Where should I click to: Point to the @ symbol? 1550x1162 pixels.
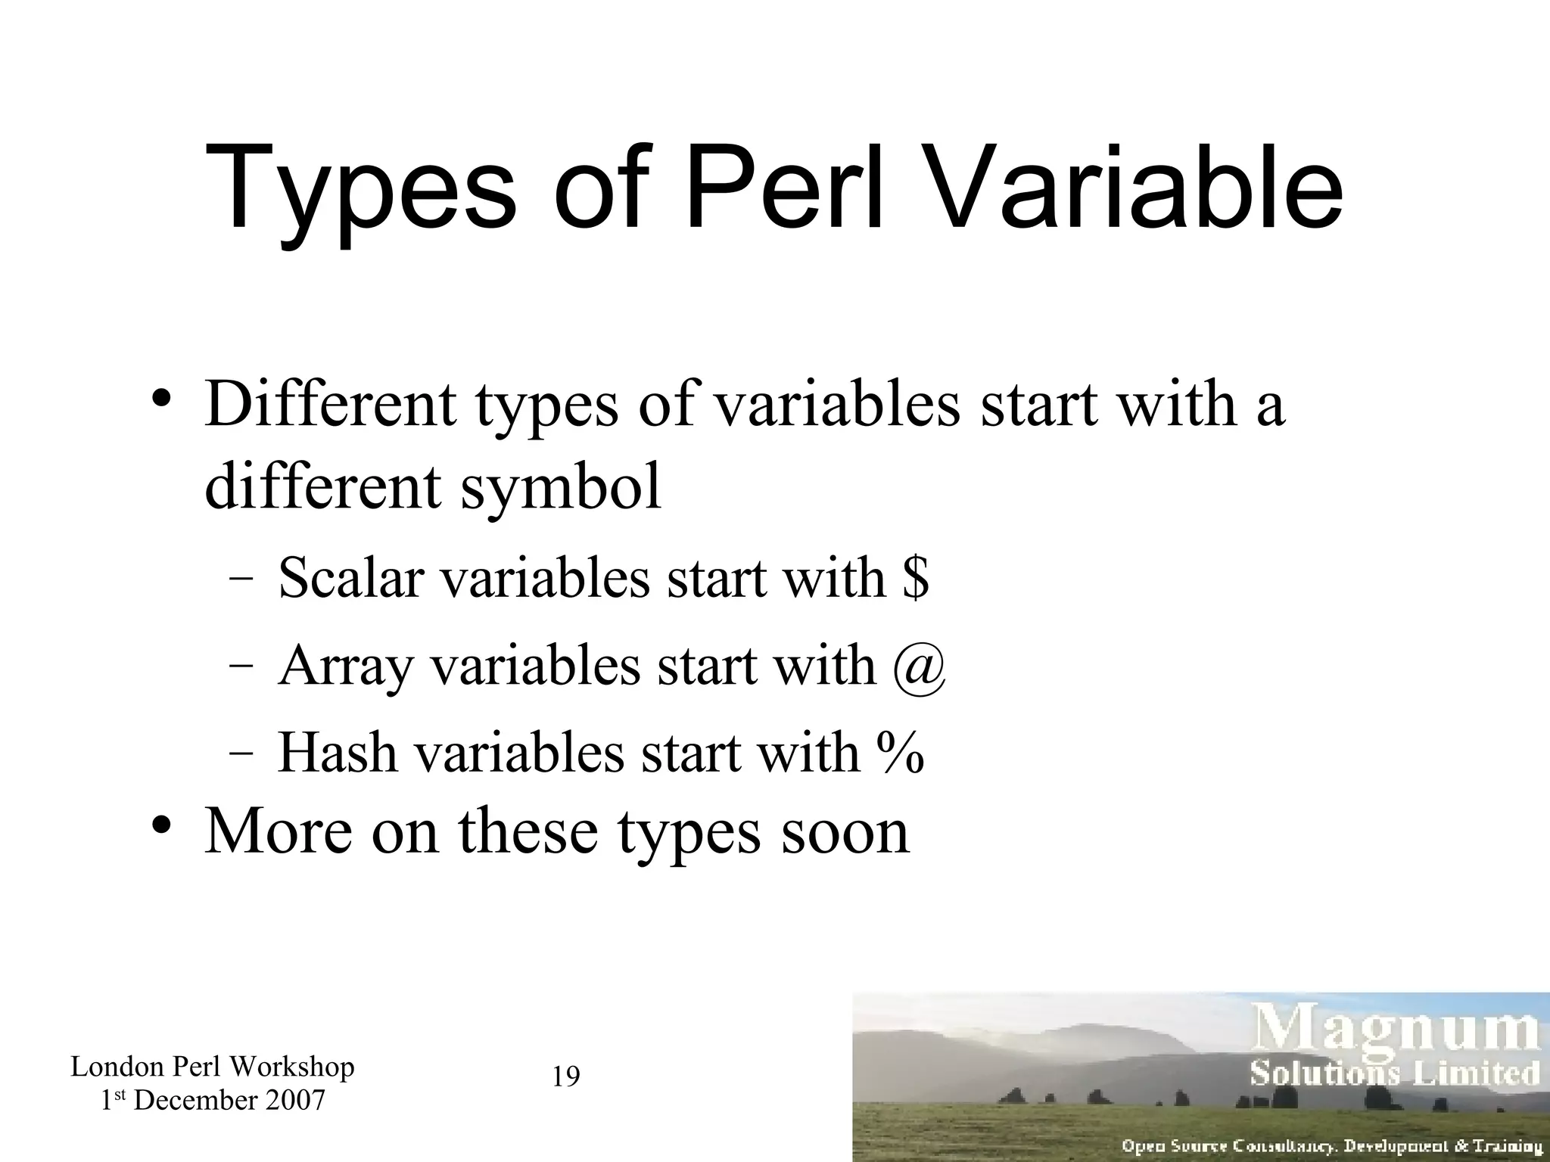pyautogui.click(x=919, y=666)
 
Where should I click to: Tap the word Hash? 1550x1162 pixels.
pyautogui.click(x=338, y=753)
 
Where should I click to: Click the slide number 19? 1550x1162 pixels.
pyautogui.click(x=566, y=1076)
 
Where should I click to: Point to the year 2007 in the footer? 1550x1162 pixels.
pyautogui.click(x=296, y=1100)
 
